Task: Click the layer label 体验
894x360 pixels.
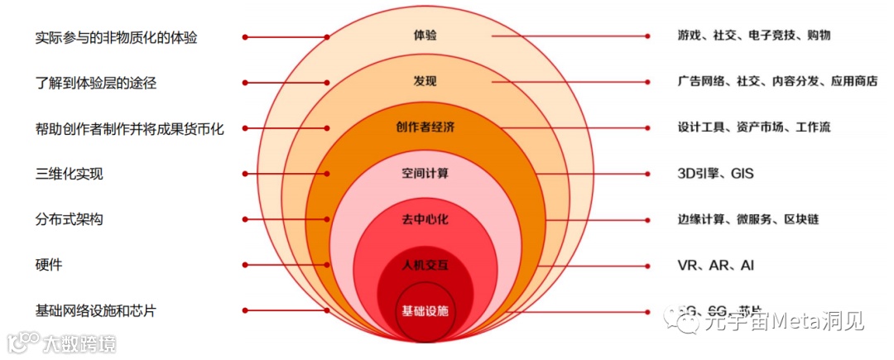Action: click(425, 36)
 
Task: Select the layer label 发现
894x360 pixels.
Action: click(425, 81)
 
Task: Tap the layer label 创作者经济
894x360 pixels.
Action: click(425, 127)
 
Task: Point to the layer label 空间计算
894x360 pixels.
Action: click(425, 174)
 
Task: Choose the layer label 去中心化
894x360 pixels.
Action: click(425, 219)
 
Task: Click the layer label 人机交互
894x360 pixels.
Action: click(425, 266)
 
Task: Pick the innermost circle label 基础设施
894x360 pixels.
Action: click(425, 311)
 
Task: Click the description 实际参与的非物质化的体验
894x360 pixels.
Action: click(117, 37)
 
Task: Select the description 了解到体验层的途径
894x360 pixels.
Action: click(96, 83)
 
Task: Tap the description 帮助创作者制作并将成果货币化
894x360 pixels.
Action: click(130, 128)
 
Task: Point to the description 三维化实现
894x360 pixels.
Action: click(70, 174)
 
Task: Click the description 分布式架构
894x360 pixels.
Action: click(70, 219)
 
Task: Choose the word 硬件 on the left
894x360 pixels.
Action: click(49, 265)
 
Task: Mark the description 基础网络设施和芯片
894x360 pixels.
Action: click(96, 311)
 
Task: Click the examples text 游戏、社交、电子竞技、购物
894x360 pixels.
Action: click(753, 36)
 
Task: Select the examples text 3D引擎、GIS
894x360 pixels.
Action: click(715, 174)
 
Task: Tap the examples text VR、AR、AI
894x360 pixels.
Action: click(715, 266)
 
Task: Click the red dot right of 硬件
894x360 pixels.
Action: click(246, 265)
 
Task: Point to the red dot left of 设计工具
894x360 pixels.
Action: click(648, 127)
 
